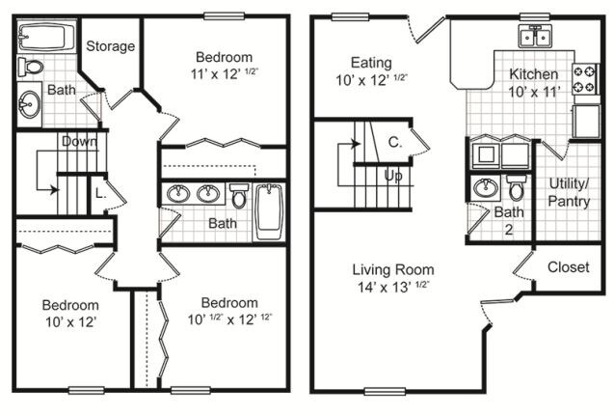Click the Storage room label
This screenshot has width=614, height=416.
(x=111, y=46)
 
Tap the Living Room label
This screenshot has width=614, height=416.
(x=392, y=269)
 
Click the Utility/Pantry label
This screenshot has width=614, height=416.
(x=569, y=192)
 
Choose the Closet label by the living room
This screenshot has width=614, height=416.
(x=568, y=267)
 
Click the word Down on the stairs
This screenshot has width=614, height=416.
(x=80, y=141)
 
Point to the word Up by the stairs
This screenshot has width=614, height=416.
(x=393, y=177)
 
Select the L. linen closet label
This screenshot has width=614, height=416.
(x=100, y=193)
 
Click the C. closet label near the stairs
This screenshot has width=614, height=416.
(x=394, y=142)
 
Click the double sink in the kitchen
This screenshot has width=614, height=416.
(x=532, y=38)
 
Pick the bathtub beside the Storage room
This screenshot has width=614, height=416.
(x=47, y=39)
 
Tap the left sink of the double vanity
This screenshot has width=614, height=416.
(x=178, y=194)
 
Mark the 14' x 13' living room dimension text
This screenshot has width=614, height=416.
(x=392, y=287)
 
